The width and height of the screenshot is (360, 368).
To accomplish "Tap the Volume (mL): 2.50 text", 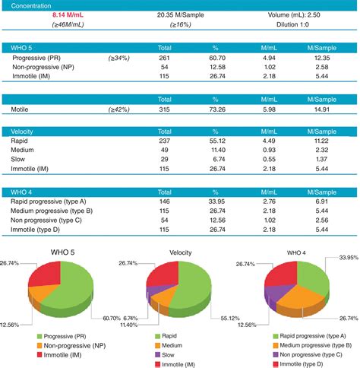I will point(305,14).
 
